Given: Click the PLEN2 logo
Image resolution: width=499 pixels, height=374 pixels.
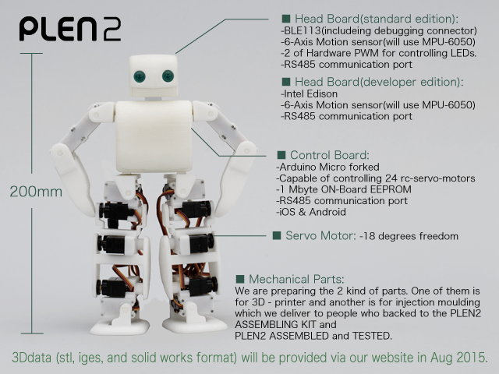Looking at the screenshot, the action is [x=70, y=29].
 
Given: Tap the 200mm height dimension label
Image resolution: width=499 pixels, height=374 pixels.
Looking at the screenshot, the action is [x=36, y=192].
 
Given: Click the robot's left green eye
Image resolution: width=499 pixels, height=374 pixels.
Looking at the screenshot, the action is [x=140, y=76].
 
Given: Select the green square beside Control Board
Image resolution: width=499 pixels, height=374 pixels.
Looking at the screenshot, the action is [x=281, y=155].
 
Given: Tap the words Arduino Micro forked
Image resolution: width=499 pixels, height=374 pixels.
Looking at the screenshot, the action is [x=329, y=167].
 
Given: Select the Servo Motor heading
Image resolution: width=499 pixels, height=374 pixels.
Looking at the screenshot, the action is [x=320, y=235].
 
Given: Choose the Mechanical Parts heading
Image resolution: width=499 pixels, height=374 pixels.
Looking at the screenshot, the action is [x=296, y=279].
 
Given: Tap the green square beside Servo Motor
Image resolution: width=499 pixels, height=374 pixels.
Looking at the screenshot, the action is [x=277, y=235].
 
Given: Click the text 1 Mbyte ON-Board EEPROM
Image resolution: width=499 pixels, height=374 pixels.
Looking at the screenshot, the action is [x=345, y=189].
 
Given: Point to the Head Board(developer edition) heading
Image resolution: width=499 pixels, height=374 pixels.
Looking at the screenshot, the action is [x=379, y=82].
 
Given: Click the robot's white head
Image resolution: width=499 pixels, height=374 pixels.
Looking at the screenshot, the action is [x=154, y=76].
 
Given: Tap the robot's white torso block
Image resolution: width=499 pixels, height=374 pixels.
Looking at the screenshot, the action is [x=154, y=137].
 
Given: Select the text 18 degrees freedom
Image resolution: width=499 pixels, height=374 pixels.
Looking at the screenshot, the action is [x=410, y=236].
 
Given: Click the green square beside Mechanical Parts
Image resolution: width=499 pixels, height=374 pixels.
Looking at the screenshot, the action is [x=240, y=279].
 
